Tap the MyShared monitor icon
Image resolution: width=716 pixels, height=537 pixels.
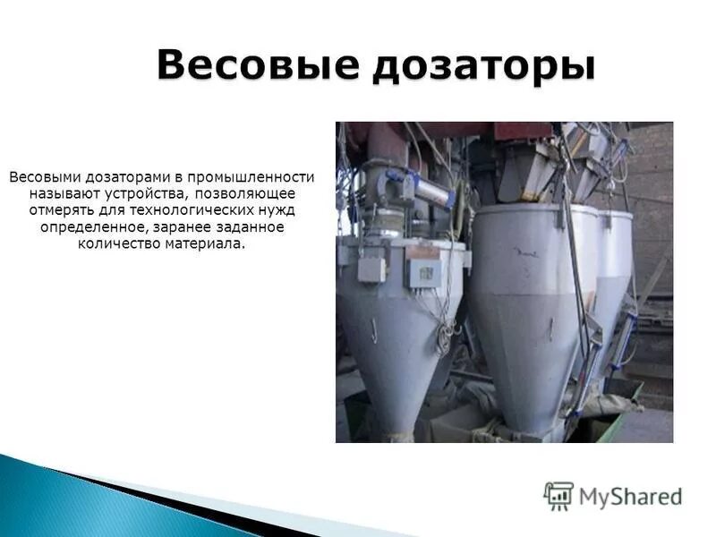[x=558, y=496]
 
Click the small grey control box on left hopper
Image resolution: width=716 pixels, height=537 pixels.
[x=371, y=268]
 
